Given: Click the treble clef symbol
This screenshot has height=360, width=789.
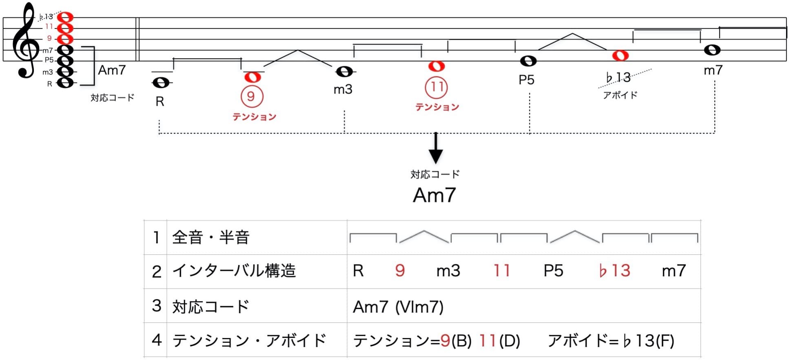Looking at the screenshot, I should [25, 41].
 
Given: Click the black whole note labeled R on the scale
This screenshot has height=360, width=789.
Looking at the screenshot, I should [161, 83].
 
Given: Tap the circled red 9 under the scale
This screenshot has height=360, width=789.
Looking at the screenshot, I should [252, 96].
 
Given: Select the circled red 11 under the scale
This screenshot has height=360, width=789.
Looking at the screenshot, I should [437, 87].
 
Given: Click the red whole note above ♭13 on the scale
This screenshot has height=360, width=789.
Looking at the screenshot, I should [620, 56].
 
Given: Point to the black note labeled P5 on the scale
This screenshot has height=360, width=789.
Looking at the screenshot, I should [528, 61].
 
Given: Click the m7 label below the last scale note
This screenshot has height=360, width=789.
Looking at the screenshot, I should [713, 70].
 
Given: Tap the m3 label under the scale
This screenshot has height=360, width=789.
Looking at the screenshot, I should [343, 89].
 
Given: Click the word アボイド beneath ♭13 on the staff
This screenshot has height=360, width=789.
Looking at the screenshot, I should [620, 95].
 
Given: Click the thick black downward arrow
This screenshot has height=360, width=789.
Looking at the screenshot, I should [436, 149].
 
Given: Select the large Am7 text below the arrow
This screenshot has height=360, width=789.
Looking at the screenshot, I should [434, 195].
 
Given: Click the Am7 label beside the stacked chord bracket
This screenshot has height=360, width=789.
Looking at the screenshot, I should [112, 70].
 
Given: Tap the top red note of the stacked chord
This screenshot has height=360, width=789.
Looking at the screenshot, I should [65, 17].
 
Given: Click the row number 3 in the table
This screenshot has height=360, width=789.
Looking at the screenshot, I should [156, 306].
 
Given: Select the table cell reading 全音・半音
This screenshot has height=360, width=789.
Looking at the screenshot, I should [211, 237].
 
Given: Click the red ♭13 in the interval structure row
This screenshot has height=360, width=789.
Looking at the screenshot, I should [614, 271].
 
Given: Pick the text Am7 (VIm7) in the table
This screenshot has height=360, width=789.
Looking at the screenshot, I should [398, 307].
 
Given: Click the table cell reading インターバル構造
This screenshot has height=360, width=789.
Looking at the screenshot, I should [234, 271].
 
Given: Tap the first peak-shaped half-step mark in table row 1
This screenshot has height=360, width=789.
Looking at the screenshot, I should [424, 236].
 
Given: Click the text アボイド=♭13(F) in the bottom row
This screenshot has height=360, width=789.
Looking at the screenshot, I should [611, 340].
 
